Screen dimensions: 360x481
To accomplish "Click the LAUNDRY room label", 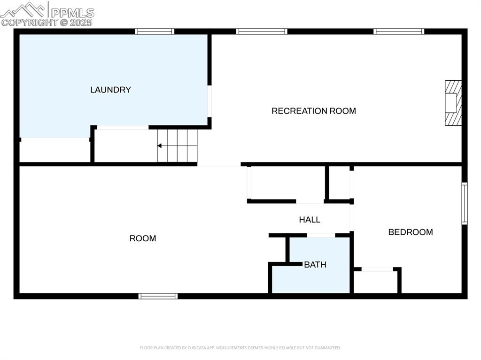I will tap(110, 90).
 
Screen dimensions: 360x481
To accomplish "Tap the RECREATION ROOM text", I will tap(314, 111).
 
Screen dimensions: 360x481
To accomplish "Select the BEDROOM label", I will tap(410, 232).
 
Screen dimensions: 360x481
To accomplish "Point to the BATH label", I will tap(315, 265).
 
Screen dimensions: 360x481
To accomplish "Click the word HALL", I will tap(310, 220).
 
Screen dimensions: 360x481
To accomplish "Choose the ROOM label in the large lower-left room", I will tap(143, 238).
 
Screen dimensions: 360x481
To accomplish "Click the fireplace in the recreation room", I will tap(453, 103).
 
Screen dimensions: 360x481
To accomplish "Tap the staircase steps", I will tap(178, 146).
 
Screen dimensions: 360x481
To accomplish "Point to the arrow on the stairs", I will tap(160, 146).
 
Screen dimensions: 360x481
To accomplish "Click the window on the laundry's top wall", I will tap(155, 31).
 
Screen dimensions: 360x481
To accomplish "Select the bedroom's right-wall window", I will tap(464, 204).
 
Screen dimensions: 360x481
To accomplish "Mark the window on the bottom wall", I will tap(158, 296).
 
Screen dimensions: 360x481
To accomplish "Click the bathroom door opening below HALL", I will tap(321, 235).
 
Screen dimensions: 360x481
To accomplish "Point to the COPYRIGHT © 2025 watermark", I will tap(47, 22).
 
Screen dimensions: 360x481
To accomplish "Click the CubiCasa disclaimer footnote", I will tap(240, 348).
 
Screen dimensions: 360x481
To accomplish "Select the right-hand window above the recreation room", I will tap(399, 31).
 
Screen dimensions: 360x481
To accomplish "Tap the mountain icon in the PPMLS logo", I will tap(23, 9).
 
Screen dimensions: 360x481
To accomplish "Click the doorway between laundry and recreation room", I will tap(209, 100).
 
